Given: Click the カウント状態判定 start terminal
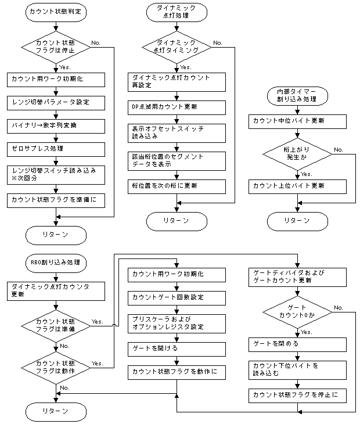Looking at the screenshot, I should click(56, 11).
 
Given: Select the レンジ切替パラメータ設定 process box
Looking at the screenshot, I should click(56, 102).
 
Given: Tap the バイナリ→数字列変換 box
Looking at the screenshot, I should click(56, 125).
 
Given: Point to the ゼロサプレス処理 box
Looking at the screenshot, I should click(56, 148).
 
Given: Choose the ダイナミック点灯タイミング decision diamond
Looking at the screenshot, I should click(177, 46).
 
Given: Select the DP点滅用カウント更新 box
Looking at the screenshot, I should click(177, 106).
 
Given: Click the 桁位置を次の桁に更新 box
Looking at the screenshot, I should click(177, 185).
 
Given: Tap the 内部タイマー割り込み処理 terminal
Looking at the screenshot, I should click(297, 95).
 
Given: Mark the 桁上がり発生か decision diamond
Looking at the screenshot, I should click(297, 154).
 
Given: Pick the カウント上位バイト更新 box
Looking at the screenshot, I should click(297, 186).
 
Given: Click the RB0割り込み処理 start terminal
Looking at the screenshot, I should click(56, 262).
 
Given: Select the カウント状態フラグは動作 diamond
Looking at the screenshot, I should click(56, 366).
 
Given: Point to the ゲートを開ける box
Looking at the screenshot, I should click(177, 348).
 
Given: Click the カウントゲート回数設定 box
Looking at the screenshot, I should click(177, 297).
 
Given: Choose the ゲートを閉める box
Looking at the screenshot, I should click(297, 344).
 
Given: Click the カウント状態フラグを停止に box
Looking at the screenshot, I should click(297, 396).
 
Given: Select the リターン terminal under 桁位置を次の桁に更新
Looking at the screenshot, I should click(177, 221).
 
